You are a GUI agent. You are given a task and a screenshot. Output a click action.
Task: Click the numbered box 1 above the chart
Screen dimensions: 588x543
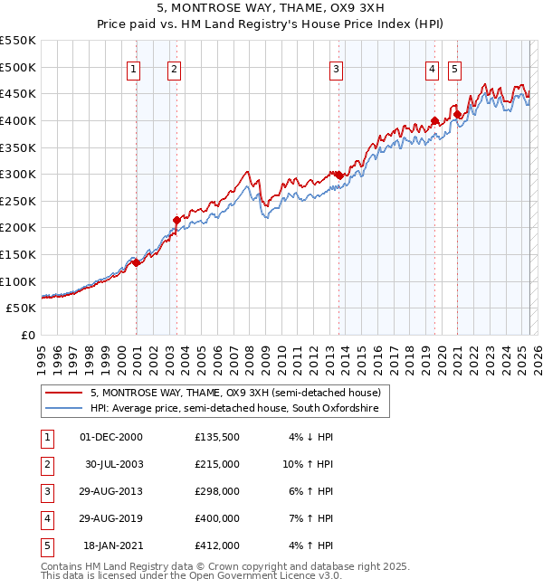pyautogui.click(x=134, y=68)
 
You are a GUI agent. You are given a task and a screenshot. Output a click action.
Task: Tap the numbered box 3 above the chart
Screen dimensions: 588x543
pyautogui.click(x=336, y=68)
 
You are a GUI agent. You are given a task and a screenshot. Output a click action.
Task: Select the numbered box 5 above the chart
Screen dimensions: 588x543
pyautogui.click(x=453, y=68)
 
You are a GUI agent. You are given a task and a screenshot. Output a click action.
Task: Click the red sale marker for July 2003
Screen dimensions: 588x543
pyautogui.click(x=176, y=219)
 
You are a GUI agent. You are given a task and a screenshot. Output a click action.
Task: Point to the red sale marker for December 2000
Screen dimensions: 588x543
pyautogui.click(x=136, y=262)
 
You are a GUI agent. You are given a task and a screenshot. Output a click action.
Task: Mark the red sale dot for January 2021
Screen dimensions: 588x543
pyautogui.click(x=457, y=114)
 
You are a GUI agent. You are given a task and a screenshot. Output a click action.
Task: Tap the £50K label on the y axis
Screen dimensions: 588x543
pyautogui.click(x=22, y=308)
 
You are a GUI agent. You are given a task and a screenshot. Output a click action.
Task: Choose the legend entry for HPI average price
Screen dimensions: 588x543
pyautogui.click(x=239, y=409)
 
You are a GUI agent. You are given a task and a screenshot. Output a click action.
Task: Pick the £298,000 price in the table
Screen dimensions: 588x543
pyautogui.click(x=217, y=491)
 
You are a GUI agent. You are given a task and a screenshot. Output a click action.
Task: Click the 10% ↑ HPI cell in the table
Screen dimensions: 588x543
pyautogui.click(x=309, y=464)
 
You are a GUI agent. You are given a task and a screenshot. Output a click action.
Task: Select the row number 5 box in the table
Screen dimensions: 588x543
pyautogui.click(x=46, y=545)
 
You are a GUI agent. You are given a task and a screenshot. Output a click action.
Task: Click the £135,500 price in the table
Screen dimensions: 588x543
pyautogui.click(x=217, y=437)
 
